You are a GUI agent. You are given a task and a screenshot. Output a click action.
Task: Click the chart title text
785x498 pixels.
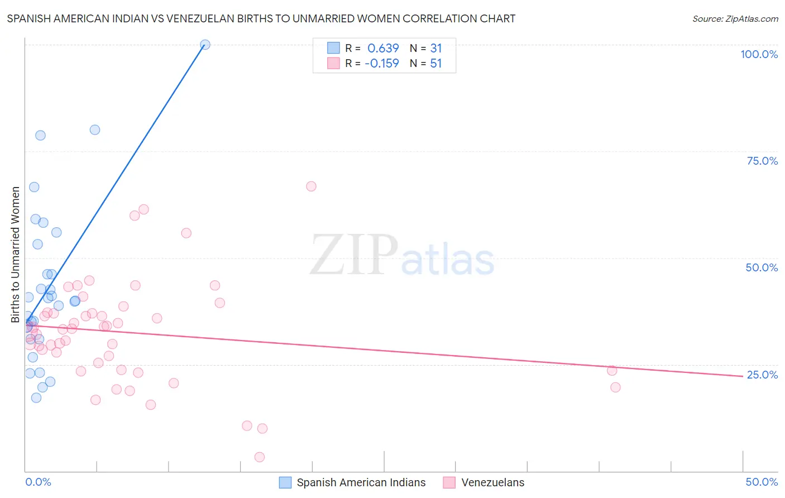coord(261,18)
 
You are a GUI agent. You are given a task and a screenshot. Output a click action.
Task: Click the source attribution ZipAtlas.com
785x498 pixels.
coord(735,18)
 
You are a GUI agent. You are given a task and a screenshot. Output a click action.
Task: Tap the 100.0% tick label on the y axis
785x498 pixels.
coord(759,54)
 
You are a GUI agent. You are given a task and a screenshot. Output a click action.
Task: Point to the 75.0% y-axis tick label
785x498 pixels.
coord(762,161)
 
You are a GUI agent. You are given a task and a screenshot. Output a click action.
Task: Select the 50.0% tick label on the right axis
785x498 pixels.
coord(762,267)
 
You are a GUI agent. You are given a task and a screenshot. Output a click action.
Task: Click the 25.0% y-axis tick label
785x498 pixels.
coord(762,375)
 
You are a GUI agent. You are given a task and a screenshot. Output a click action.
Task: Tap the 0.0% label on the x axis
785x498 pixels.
coord(38,482)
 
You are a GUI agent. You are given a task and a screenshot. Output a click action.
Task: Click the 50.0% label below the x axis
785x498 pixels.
coord(762,482)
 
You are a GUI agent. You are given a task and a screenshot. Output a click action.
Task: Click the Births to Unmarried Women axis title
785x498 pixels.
coord(15,255)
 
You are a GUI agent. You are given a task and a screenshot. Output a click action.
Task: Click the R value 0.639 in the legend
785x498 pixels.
coord(383,48)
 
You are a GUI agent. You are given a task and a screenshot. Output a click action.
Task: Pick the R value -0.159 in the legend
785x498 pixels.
coord(382,64)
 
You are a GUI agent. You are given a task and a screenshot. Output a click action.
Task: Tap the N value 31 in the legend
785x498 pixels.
coord(436,48)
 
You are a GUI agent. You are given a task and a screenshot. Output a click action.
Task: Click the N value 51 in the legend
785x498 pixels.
coord(436,64)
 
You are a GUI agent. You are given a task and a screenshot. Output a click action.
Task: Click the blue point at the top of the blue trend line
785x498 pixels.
coord(205,45)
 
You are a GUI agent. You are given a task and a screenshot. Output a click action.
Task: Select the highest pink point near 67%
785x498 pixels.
coord(311,186)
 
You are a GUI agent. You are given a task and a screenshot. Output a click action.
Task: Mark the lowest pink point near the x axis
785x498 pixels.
coord(259,457)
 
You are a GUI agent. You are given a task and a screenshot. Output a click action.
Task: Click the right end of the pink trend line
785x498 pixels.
coord(743,376)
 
